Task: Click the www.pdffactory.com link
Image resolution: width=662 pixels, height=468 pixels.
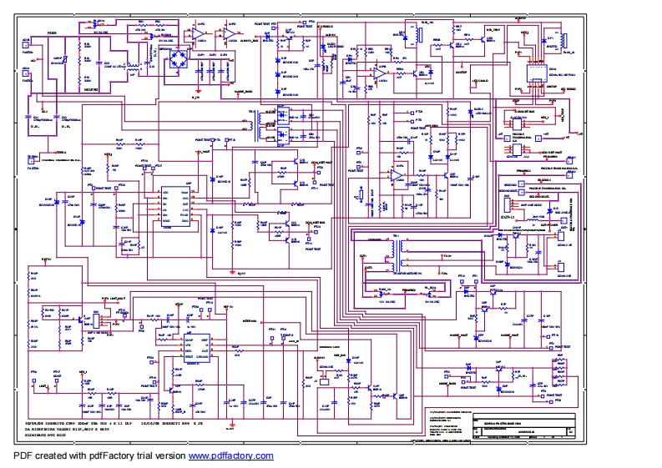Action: (230, 455)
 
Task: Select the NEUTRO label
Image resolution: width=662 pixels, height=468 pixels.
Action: (91, 87)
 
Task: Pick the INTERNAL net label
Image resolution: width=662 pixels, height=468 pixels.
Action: (249, 320)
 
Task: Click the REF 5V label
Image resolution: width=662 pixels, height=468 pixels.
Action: (227, 306)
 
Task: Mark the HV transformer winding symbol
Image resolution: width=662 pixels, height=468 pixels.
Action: (407, 249)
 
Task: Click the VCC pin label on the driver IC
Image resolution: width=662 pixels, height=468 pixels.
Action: (164, 193)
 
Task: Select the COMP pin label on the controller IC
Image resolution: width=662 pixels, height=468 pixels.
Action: (191, 340)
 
